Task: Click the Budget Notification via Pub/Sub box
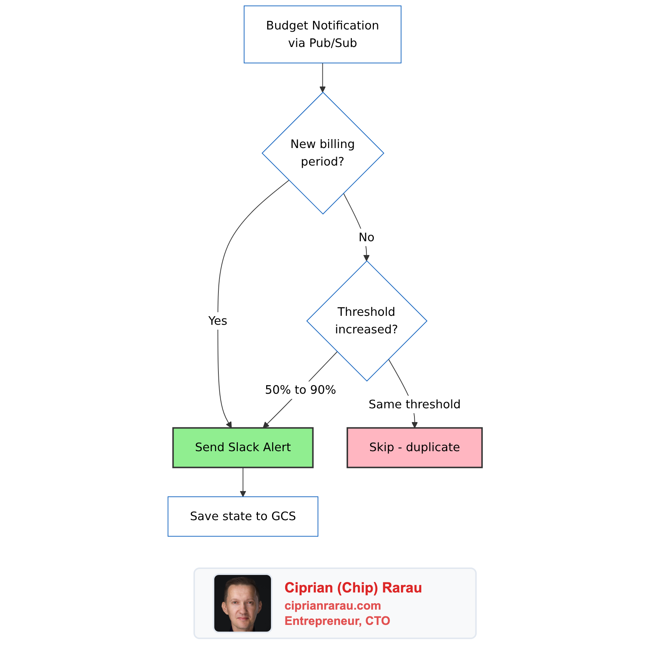[x=322, y=34]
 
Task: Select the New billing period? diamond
[x=323, y=153]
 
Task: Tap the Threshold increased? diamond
[x=366, y=321]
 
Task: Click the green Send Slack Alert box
[x=243, y=447]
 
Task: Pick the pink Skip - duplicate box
[x=414, y=447]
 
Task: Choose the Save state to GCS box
[x=243, y=516]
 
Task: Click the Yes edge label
[x=218, y=321]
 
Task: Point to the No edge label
[x=366, y=237]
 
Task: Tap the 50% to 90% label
[x=300, y=390]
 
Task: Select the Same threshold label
[x=414, y=404]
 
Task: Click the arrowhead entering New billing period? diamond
[x=322, y=89]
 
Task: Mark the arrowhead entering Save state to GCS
[x=243, y=494]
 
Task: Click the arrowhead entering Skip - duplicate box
[x=414, y=425]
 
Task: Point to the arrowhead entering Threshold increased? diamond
[x=366, y=258]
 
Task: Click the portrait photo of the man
[x=243, y=603]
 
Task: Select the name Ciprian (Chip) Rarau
[x=353, y=588]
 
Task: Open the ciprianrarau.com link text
[x=332, y=606]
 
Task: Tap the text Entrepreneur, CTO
[x=337, y=621]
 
